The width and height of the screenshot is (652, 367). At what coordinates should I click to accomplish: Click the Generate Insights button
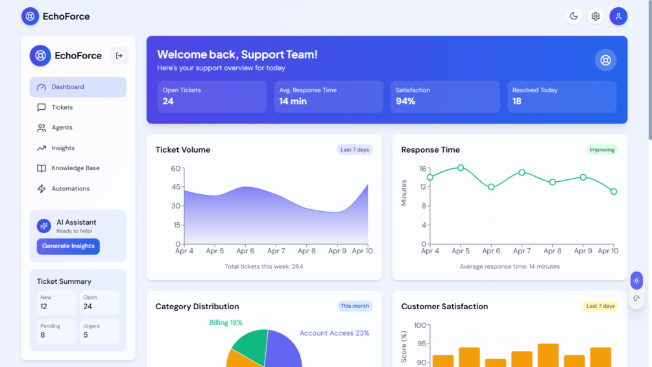(x=68, y=246)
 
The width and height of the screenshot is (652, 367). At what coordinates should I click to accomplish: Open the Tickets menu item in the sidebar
(x=62, y=107)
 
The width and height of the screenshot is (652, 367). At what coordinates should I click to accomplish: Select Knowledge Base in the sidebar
(x=75, y=168)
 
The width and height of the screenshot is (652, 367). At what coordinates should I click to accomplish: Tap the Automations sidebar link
(x=70, y=189)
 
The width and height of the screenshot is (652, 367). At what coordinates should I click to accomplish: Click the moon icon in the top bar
(x=574, y=16)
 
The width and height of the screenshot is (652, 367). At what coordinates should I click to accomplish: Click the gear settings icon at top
(x=596, y=16)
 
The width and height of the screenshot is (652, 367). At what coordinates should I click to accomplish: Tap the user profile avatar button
(x=618, y=16)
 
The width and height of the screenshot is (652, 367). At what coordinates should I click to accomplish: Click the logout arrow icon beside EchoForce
(x=119, y=56)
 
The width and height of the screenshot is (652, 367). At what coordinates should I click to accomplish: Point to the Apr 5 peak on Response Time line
(x=461, y=168)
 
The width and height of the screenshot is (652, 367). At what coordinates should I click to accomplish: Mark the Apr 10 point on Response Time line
(x=614, y=192)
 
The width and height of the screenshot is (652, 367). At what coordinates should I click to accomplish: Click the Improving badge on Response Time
(x=602, y=149)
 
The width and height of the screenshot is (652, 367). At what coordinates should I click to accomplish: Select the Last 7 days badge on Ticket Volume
(x=355, y=149)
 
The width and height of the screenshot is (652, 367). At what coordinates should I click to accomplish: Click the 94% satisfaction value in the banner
(x=405, y=101)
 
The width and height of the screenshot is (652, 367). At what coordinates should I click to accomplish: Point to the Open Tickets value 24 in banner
(x=168, y=101)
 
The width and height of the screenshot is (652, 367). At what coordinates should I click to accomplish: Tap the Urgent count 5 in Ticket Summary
(x=86, y=335)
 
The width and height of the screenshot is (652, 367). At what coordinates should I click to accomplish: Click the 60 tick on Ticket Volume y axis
(x=176, y=169)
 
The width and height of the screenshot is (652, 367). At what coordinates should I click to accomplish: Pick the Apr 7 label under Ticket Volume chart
(x=276, y=251)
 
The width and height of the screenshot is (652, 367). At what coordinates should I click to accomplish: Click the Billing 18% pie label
(x=226, y=323)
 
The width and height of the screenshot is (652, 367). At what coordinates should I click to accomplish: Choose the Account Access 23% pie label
(x=334, y=333)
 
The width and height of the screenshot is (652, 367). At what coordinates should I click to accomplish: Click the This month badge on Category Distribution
(x=355, y=306)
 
